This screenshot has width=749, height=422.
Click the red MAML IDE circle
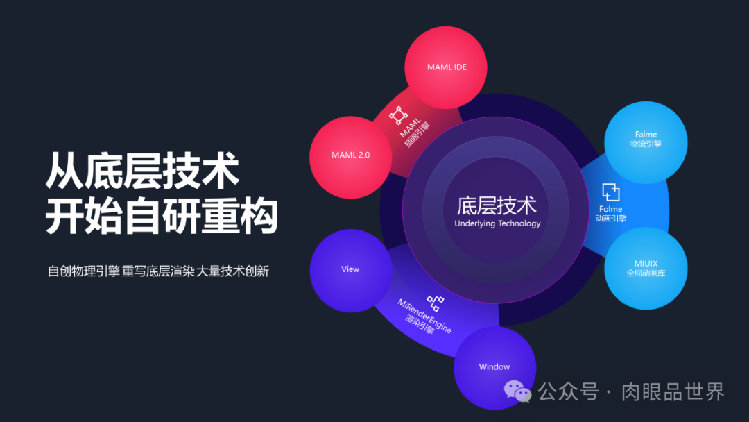point(445,68)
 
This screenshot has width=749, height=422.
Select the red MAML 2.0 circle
point(350,155)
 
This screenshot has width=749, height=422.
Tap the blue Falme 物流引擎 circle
point(646,139)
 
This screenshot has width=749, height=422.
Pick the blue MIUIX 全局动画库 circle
point(646,268)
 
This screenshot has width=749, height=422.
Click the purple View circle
point(350,269)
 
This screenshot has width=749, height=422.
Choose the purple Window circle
point(494,366)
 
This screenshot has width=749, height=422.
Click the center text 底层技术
point(497,205)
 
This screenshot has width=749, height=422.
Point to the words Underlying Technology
point(497,223)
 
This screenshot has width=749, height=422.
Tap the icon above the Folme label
point(610,192)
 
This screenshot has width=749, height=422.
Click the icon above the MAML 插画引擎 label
point(397,115)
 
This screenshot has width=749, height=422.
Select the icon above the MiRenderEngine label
point(435,303)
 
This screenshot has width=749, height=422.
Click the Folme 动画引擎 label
point(610,213)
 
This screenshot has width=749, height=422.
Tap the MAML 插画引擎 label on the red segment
point(413,129)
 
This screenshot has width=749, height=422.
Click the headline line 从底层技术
point(143,171)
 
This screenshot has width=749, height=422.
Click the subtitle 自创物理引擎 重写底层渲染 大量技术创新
point(158,271)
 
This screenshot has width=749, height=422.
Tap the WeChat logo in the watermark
point(517,391)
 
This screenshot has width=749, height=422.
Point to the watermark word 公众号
point(568,391)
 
